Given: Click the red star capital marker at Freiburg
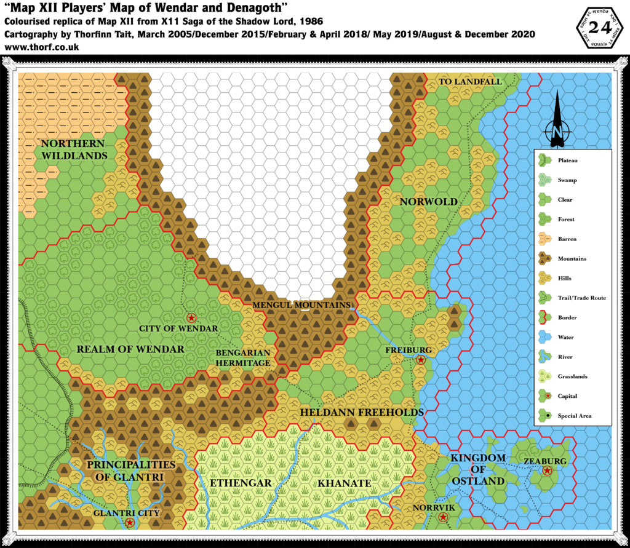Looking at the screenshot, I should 421,360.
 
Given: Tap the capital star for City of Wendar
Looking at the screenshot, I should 191,318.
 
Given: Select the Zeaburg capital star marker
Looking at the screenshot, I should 547,471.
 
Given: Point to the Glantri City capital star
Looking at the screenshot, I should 130,523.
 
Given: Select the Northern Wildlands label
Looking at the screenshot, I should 74,149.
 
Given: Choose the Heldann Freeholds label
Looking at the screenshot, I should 361,412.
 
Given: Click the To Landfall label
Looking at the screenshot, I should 469,82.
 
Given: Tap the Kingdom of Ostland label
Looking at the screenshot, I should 478,469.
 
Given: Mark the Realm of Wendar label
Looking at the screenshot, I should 130,349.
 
